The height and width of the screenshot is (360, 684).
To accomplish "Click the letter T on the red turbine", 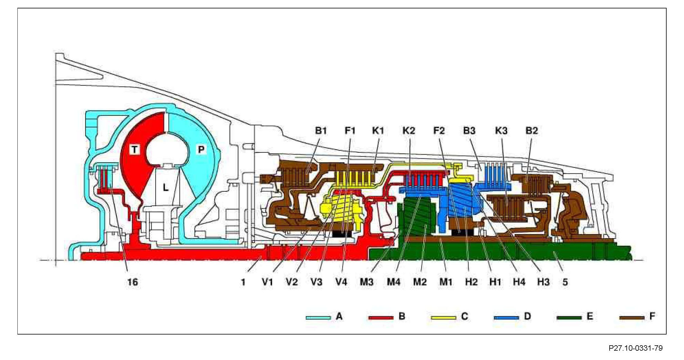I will (135, 149).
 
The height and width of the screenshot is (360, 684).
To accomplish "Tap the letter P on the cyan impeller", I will (201, 149).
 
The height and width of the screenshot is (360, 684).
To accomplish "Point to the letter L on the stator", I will (165, 188).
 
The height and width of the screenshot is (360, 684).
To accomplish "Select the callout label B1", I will (321, 130).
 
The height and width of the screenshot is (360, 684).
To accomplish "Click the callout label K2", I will (409, 130).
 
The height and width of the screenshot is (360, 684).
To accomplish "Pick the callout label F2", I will (439, 130).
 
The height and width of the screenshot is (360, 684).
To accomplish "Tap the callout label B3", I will (469, 130).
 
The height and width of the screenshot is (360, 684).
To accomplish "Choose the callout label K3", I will (501, 130).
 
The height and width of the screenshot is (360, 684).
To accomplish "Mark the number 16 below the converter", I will (133, 282).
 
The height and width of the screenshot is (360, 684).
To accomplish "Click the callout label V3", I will (316, 282).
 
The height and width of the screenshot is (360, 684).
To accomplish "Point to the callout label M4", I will (393, 282).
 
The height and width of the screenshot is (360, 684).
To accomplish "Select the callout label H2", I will (471, 282).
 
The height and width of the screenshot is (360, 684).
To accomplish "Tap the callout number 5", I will (565, 282).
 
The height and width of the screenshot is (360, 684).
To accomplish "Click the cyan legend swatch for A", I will (318, 318).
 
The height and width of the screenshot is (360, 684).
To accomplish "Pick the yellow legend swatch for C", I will (443, 318).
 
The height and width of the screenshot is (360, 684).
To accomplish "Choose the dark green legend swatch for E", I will (568, 318).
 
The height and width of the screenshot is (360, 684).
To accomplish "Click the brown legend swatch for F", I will (631, 318).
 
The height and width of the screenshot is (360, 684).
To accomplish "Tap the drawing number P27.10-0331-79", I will (635, 348).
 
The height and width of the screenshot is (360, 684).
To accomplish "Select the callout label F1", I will (350, 130).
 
